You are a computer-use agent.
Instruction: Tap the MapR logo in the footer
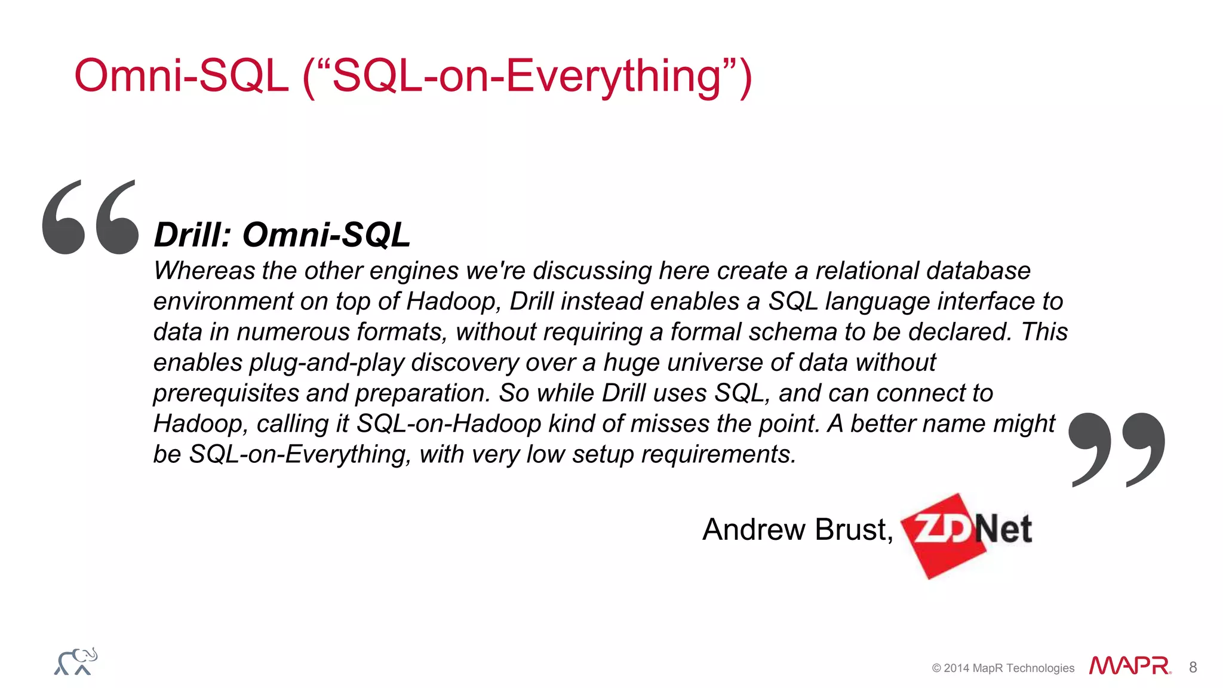coord(1129,666)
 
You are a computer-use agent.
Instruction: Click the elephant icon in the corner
coord(76,662)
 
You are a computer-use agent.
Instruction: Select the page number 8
coord(1193,667)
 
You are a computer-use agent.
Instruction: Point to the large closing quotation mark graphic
coord(1116,449)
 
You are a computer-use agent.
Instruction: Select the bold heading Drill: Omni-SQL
coord(282,235)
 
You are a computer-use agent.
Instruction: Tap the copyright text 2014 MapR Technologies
coord(1009,668)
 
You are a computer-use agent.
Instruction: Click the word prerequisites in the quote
coord(226,394)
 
